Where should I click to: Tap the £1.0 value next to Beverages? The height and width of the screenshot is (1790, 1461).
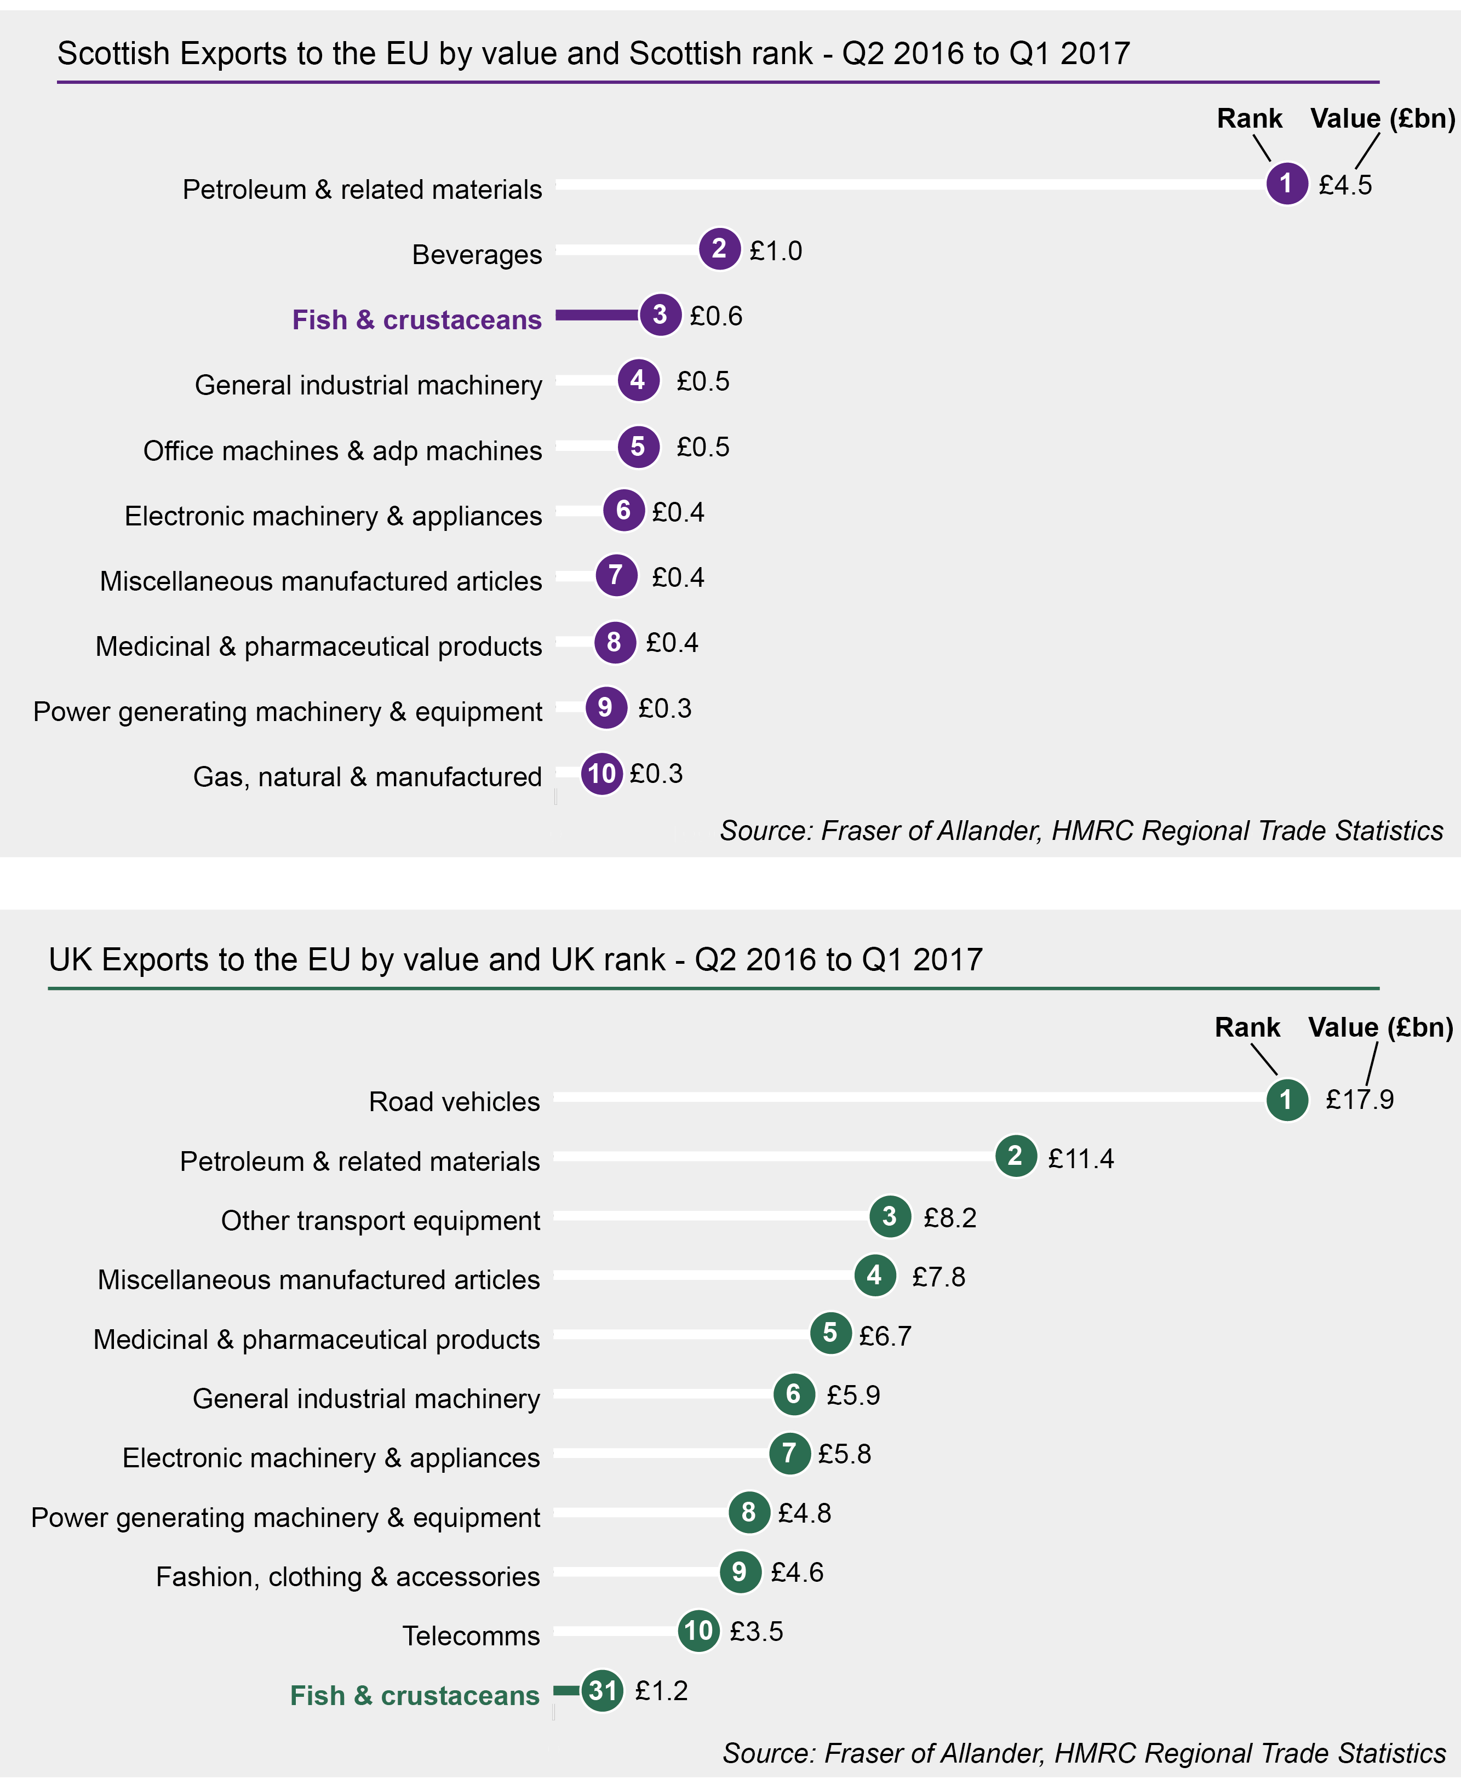pyautogui.click(x=775, y=251)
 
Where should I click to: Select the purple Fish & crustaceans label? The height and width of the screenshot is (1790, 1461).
pyautogui.click(x=416, y=320)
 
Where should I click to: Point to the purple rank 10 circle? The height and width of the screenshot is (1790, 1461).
pyautogui.click(x=601, y=774)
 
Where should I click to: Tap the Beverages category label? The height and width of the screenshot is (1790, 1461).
pyautogui.click(x=477, y=254)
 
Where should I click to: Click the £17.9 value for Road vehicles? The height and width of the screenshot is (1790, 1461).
pyautogui.click(x=1359, y=1099)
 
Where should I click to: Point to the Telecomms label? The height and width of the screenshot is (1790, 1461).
pyautogui.click(x=471, y=1635)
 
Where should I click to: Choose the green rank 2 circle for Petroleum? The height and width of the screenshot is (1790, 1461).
pyautogui.click(x=1015, y=1156)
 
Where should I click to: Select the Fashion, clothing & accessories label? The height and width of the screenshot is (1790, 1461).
pyautogui.click(x=347, y=1576)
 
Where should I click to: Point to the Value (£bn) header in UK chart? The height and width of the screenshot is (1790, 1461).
pyautogui.click(x=1380, y=1027)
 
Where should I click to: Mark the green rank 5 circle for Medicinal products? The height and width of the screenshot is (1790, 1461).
pyautogui.click(x=830, y=1333)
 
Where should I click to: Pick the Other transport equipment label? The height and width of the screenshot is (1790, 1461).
pyautogui.click(x=380, y=1220)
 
